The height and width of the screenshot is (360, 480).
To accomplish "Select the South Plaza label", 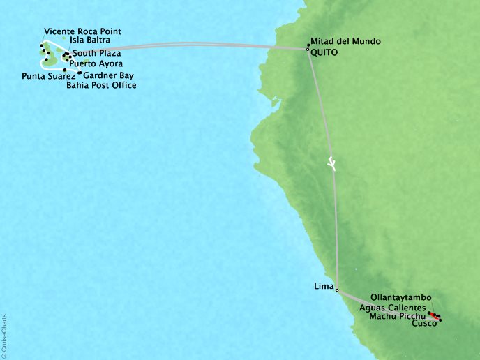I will pyautogui.click(x=96, y=53).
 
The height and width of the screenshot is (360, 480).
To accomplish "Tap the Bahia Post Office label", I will pyautogui.click(x=101, y=86).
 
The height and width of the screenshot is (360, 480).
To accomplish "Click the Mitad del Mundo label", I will pyautogui.click(x=346, y=41).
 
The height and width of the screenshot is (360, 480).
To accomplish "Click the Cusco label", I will pyautogui.click(x=426, y=324).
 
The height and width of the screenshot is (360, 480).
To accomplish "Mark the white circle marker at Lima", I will pyautogui.click(x=337, y=290).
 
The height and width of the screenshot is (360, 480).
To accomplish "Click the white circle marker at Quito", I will pyautogui.click(x=308, y=49).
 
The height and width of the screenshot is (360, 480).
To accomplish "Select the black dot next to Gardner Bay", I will pyautogui.click(x=80, y=73).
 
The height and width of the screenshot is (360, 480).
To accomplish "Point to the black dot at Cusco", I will pyautogui.click(x=440, y=321).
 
